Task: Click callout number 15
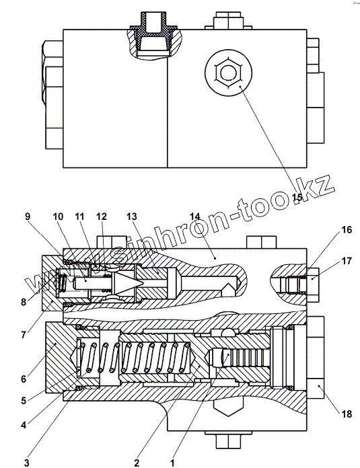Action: (297, 197)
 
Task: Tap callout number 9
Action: (28, 216)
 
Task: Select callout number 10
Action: (59, 216)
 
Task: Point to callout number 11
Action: (79, 216)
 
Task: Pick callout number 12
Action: (102, 216)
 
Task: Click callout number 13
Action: (131, 216)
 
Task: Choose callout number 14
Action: (194, 216)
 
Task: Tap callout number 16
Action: (347, 230)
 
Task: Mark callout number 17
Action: (347, 261)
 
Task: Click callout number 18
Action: (347, 414)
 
